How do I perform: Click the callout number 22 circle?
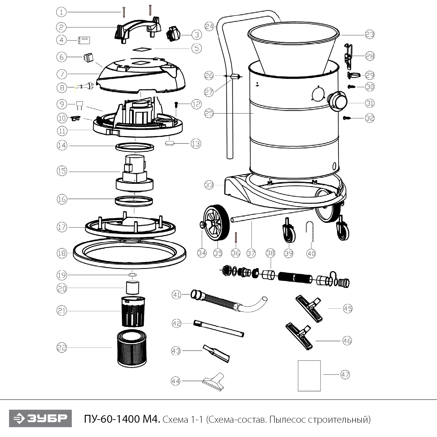pyautogui.click(x=62, y=347)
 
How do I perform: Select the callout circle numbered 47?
pyautogui.click(x=345, y=375)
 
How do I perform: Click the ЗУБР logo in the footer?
pyautogui.click(x=40, y=419)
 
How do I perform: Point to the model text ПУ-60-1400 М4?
pyautogui.click(x=122, y=419)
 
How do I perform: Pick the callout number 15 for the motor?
pyautogui.click(x=62, y=171)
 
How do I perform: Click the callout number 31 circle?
pyautogui.click(x=370, y=103)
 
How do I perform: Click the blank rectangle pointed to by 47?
pyautogui.click(x=309, y=376)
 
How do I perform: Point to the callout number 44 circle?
pyautogui.click(x=176, y=381)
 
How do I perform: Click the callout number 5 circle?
pyautogui.click(x=197, y=48)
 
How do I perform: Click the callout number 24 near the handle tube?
pyautogui.click(x=209, y=27)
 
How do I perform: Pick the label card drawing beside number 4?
pyautogui.click(x=84, y=40)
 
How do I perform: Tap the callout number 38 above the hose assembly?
pyautogui.click(x=270, y=253)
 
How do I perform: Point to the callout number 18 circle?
pyautogui.click(x=62, y=253)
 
